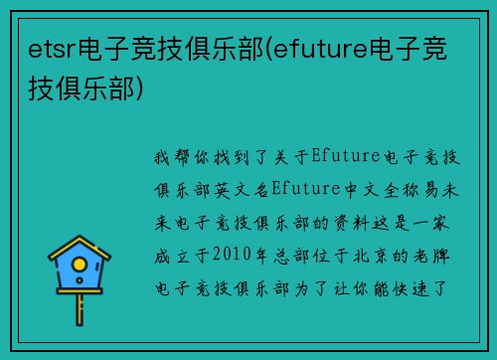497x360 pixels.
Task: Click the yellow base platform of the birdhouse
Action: coord(80,297)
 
